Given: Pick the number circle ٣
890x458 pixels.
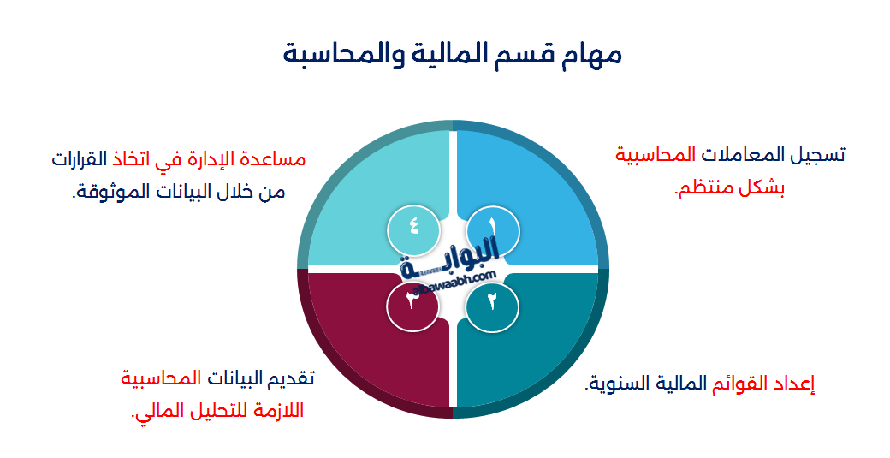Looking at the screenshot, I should (412, 301).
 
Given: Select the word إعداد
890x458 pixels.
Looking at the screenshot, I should (795, 383).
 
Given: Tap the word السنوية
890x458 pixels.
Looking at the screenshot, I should (615, 383).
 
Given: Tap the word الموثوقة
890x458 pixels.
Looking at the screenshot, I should (109, 192).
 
